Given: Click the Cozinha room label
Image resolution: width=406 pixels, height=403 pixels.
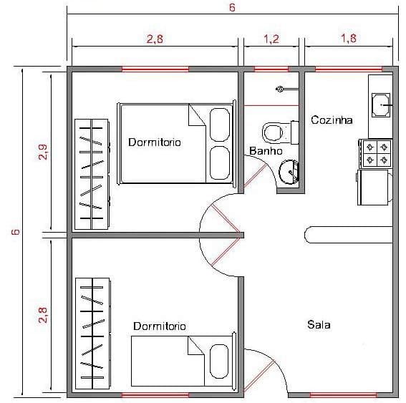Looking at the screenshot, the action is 332,120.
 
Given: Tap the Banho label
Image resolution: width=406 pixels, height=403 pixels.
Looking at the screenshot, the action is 266,151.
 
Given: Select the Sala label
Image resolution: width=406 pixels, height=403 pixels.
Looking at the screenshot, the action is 319,324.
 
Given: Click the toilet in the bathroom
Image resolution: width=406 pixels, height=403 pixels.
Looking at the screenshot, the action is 280,132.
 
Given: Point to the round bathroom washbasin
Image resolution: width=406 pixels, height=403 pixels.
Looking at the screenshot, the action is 289,172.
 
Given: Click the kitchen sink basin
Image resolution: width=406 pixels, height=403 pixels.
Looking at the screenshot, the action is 381,105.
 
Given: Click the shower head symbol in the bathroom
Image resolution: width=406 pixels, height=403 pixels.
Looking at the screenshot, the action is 279,89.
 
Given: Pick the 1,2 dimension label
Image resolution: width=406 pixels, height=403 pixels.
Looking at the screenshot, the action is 271,39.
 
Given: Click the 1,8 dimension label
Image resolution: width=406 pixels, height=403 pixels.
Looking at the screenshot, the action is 349,39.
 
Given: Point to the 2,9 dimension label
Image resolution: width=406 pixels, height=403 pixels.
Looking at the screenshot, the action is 43,152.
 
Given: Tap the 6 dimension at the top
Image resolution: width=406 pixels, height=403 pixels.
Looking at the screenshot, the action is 232,7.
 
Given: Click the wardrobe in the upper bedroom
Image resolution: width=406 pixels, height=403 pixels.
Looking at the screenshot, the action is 92,174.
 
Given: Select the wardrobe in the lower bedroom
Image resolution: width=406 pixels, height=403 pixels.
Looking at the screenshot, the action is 92,334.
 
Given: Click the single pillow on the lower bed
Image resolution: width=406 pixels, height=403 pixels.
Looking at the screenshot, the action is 219,361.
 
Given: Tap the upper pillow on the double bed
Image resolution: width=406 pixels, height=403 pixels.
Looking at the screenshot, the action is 220,125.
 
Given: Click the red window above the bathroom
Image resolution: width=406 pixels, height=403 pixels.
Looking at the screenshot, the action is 271,69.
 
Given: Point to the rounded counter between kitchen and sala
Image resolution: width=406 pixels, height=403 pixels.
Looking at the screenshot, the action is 349,235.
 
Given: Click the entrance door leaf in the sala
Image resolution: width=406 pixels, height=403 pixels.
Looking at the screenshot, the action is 258,376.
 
